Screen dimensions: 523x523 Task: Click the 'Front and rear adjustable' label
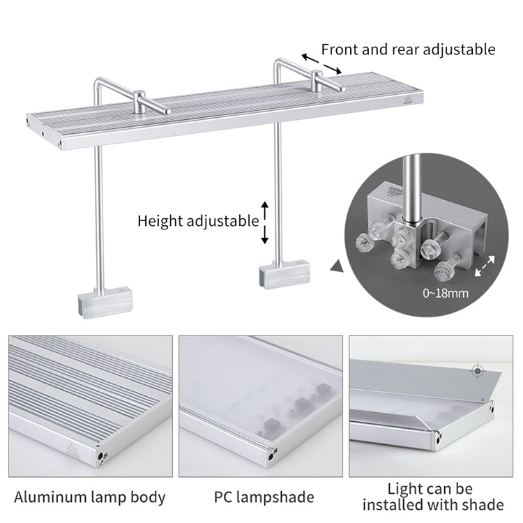coord(408,50)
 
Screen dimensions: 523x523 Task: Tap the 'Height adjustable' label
coord(197,221)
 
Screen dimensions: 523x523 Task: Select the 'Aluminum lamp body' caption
coord(90,497)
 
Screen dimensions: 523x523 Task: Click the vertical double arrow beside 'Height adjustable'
coord(265,222)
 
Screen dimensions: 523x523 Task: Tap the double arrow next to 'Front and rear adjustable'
coord(321,63)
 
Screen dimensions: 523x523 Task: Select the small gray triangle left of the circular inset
coord(338,266)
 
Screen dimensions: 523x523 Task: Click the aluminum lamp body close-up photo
coord(90,404)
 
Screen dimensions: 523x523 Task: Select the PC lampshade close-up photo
coord(260,404)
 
